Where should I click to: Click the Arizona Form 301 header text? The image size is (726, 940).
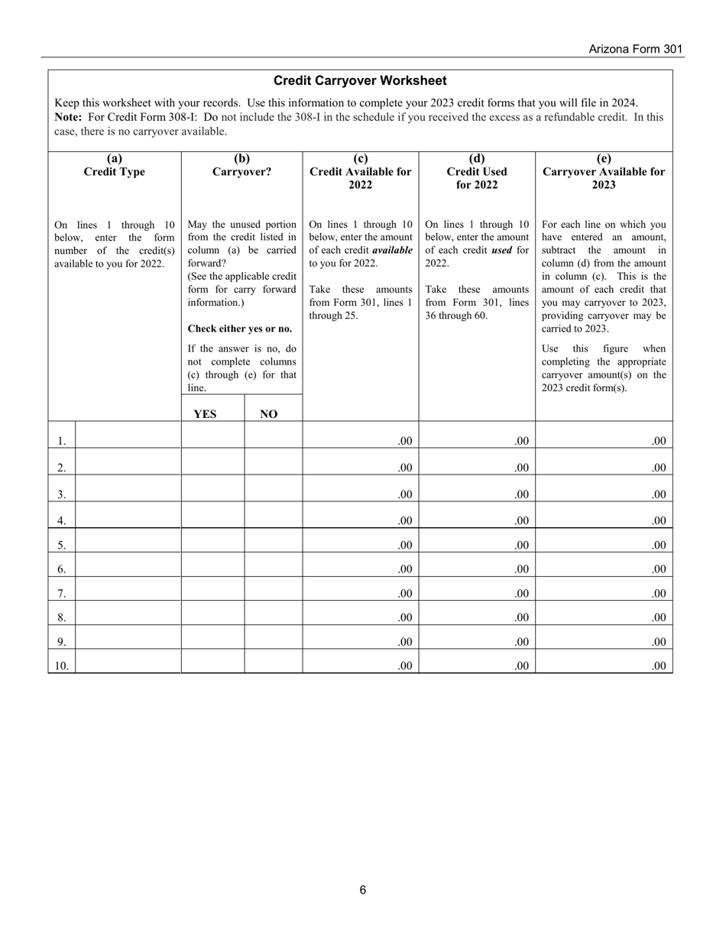tap(635, 49)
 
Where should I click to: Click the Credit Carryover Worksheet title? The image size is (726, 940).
tap(360, 80)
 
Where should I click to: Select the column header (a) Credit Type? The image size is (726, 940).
tap(114, 165)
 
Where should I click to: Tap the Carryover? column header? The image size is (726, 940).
tap(241, 165)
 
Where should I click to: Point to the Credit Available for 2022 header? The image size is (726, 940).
tap(360, 171)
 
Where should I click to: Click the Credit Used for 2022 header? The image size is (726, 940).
tap(477, 171)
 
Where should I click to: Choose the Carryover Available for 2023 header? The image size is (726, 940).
tap(603, 171)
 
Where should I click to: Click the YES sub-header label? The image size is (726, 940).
tap(205, 414)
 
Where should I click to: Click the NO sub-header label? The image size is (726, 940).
tap(268, 414)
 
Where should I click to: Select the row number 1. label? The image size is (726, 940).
tap(62, 441)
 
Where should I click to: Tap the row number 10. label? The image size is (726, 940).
tap(62, 666)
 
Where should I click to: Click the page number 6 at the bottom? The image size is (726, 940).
tap(363, 890)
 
